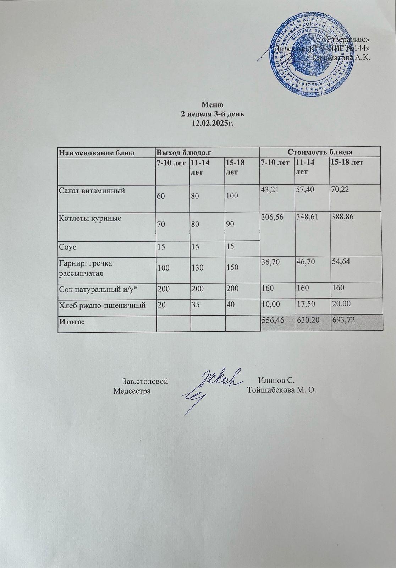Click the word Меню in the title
[x=212, y=105]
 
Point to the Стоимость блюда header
[x=319, y=152]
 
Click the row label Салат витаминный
[x=92, y=191]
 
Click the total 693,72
[x=343, y=320]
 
